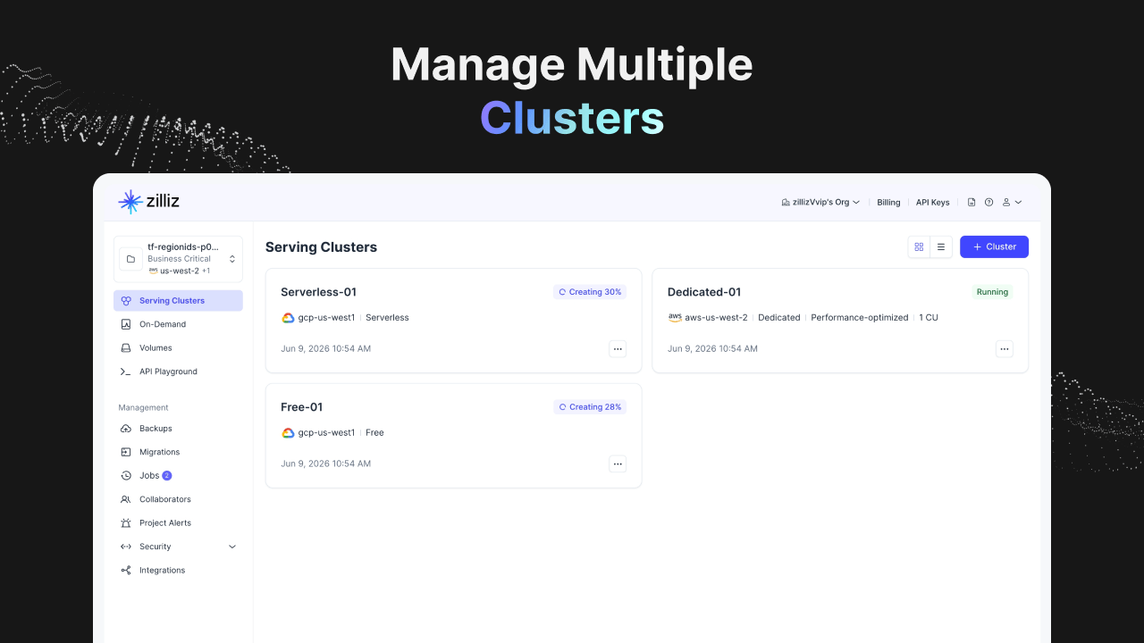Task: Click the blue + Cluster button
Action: [x=994, y=247]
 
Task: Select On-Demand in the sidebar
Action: [x=163, y=324]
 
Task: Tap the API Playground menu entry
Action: [x=168, y=372]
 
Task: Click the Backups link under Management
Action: [x=156, y=429]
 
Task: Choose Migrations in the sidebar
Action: [x=159, y=452]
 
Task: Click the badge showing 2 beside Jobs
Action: [x=166, y=476]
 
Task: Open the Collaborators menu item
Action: [x=165, y=499]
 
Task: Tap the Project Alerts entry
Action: [x=165, y=523]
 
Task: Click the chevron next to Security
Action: [x=231, y=547]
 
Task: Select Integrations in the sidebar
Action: [x=162, y=570]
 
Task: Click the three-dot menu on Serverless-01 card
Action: [x=618, y=349]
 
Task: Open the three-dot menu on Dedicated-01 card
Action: [x=1004, y=349]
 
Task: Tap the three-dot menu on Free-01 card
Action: [x=618, y=463]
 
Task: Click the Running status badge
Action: [x=992, y=292]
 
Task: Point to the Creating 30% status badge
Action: [x=589, y=292]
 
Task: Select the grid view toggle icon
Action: [x=919, y=247]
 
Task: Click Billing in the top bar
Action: [x=888, y=203]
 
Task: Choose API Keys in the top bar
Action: [x=932, y=203]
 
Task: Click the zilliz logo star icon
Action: [x=130, y=202]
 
